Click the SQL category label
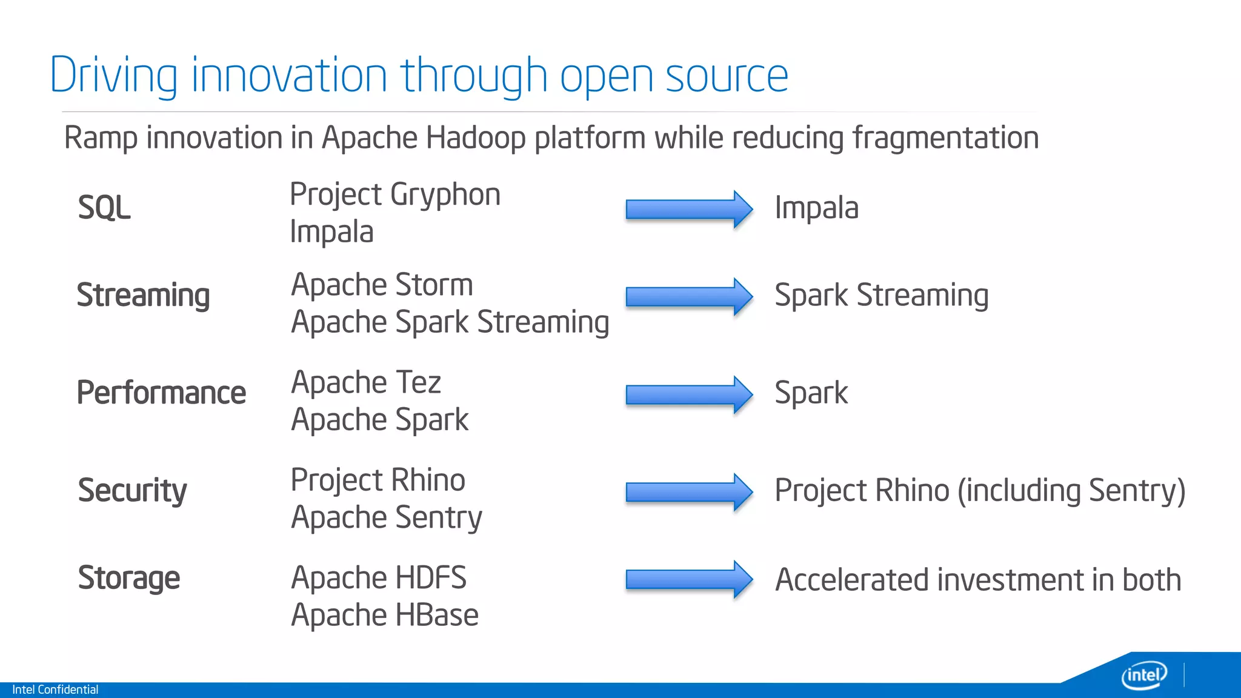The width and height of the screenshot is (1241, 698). pyautogui.click(x=104, y=208)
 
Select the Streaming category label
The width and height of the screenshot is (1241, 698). pyautogui.click(x=143, y=296)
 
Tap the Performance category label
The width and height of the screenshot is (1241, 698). pyautogui.click(x=161, y=393)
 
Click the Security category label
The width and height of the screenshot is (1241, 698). pyautogui.click(x=132, y=490)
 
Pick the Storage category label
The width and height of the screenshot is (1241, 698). pyautogui.click(x=128, y=578)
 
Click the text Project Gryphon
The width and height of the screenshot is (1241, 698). pyautogui.click(x=395, y=195)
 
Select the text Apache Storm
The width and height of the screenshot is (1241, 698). pyautogui.click(x=382, y=285)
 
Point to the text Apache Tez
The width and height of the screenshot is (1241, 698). pyautogui.click(x=366, y=383)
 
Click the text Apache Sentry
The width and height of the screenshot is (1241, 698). pyautogui.click(x=387, y=518)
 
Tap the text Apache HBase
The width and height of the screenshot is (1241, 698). pyautogui.click(x=385, y=616)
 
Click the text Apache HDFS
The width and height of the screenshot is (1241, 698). pyautogui.click(x=379, y=578)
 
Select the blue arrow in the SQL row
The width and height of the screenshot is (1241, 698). pyautogui.click(x=688, y=209)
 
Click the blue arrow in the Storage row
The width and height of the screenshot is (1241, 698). pyautogui.click(x=688, y=580)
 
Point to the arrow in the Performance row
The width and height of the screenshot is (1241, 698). pyautogui.click(x=688, y=394)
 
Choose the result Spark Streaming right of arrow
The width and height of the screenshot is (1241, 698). pyautogui.click(x=881, y=296)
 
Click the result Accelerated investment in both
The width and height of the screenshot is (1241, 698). pyautogui.click(x=978, y=580)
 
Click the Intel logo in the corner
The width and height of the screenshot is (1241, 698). pyautogui.click(x=1143, y=675)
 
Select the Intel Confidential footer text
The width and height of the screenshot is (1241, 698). pyautogui.click(x=55, y=690)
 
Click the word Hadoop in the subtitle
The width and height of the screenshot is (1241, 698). pyautogui.click(x=476, y=138)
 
